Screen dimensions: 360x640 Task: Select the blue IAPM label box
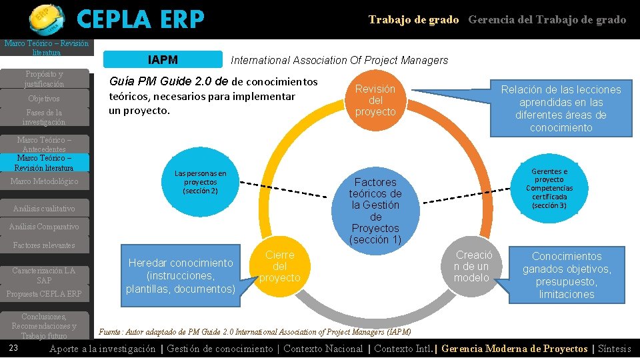(x=163, y=60)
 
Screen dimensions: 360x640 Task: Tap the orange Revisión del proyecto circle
(x=375, y=101)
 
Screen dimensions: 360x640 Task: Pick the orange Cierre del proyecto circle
(x=279, y=267)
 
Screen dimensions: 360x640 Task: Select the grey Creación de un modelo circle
(x=473, y=266)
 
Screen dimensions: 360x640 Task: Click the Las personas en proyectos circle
(x=200, y=182)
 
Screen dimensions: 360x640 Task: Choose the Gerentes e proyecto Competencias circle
(x=549, y=189)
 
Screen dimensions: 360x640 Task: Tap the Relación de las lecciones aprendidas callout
(x=561, y=108)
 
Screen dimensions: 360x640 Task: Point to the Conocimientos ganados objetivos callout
(x=566, y=275)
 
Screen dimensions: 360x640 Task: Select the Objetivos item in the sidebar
(x=44, y=99)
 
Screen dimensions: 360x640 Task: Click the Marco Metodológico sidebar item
(x=44, y=181)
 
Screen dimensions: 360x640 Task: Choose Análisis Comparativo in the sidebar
(x=44, y=227)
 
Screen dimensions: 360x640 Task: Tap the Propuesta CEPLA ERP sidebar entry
(x=44, y=294)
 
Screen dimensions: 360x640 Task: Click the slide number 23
(x=13, y=349)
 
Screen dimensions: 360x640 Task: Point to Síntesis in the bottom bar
(x=614, y=349)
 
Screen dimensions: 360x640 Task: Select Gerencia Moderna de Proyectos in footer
(x=515, y=349)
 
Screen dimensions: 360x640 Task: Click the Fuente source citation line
(x=255, y=332)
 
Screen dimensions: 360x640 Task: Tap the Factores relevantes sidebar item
(x=44, y=245)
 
